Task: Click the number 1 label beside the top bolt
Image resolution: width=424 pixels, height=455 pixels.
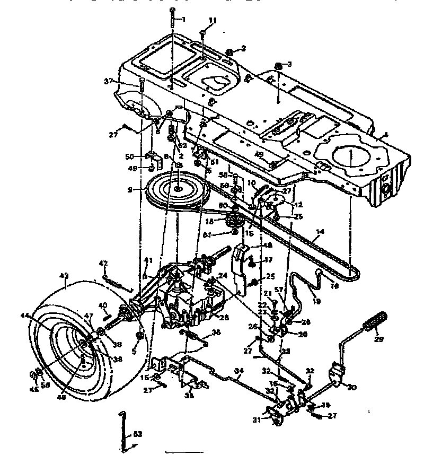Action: (x=183, y=20)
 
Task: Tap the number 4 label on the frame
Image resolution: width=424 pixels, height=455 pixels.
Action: (x=385, y=135)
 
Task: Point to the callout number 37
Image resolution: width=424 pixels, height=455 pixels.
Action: (x=109, y=81)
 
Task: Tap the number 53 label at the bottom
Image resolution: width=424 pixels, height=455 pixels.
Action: (x=137, y=434)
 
